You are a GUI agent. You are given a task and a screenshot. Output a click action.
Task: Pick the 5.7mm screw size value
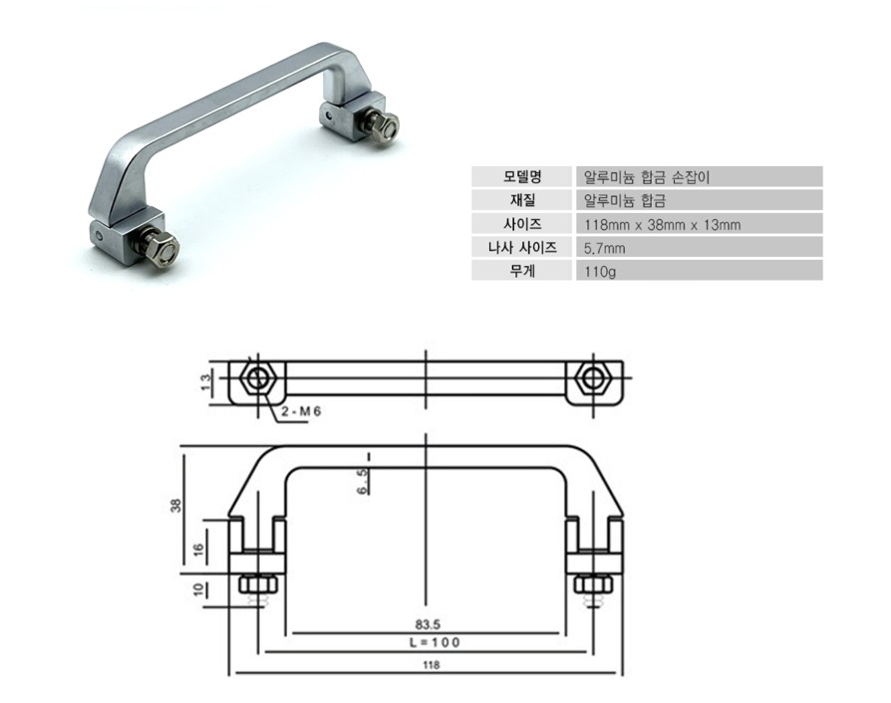[604, 247]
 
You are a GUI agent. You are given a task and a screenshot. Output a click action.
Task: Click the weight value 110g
[601, 271]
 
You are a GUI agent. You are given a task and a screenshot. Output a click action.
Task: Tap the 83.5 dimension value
[428, 624]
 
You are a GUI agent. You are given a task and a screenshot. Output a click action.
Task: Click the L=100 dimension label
[428, 643]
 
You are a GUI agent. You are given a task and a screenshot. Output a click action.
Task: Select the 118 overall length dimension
[431, 665]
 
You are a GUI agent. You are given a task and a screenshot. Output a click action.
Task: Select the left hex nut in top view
[257, 379]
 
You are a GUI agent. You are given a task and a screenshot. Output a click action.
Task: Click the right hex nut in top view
[595, 379]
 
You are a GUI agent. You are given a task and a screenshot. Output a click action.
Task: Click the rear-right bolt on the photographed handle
[384, 124]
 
